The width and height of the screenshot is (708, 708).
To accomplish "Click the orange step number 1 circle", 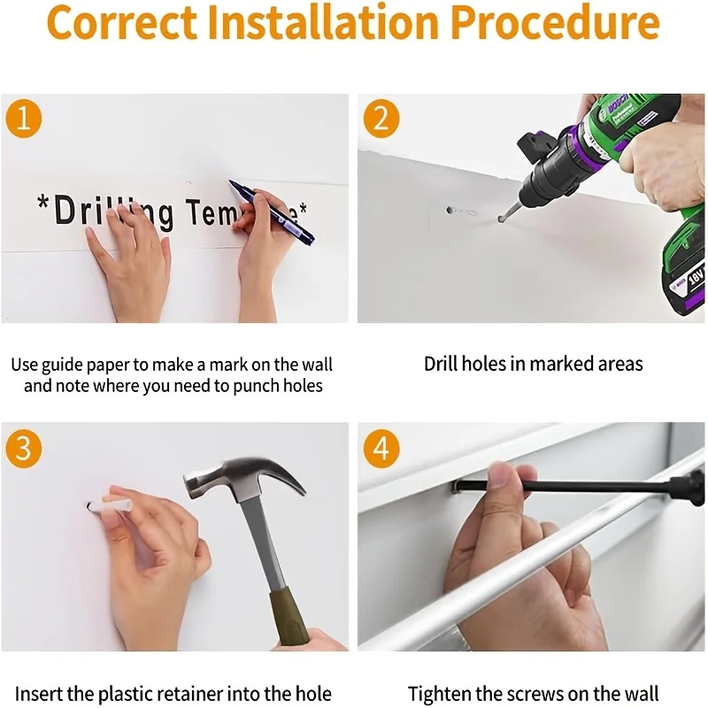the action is point(24,119).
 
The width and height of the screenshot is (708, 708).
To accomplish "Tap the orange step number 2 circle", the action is point(381,119).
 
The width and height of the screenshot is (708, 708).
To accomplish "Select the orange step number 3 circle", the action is point(24,449).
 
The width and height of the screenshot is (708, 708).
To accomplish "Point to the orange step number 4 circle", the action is point(381,449).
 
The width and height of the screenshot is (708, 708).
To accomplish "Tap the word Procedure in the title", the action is point(555,21).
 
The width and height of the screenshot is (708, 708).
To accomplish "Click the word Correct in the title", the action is point(122,23).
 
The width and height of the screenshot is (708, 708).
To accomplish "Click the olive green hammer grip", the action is point(290,616).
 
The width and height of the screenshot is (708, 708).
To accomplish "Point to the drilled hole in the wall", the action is point(450,210).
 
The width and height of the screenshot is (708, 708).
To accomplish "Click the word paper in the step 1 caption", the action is point(108,366).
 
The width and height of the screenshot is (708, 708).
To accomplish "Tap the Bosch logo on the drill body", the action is point(619,104).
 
